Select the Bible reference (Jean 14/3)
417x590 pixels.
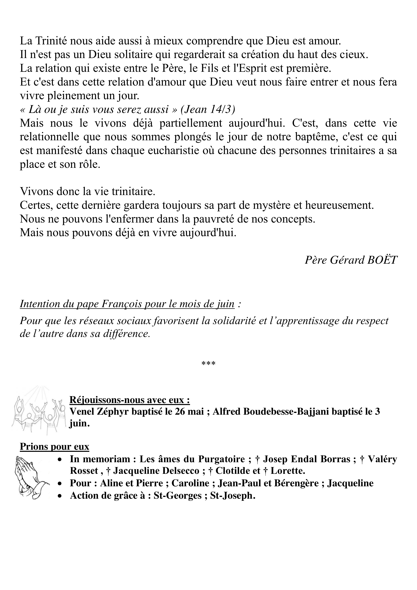(208, 109)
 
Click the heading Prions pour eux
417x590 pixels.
(54, 447)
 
